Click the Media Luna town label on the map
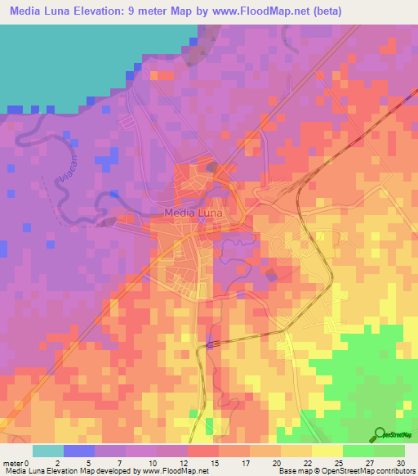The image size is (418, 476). pyautogui.click(x=194, y=213)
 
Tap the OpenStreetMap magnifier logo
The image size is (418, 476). pyautogui.click(x=380, y=433)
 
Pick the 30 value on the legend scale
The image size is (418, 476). pyautogui.click(x=400, y=463)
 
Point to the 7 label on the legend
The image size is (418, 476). pyautogui.click(x=121, y=463)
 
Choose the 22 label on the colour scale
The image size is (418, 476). pyautogui.click(x=307, y=463)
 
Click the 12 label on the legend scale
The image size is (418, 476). pyautogui.click(x=183, y=463)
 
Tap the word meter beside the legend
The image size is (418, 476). pyautogui.click(x=15, y=463)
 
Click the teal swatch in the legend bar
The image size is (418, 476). pyautogui.click(x=47, y=451)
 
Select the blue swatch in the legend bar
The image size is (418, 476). pyautogui.click(x=78, y=451)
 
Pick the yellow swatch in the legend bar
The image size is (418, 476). pyautogui.click(x=327, y=451)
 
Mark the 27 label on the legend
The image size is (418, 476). pyautogui.click(x=369, y=463)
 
